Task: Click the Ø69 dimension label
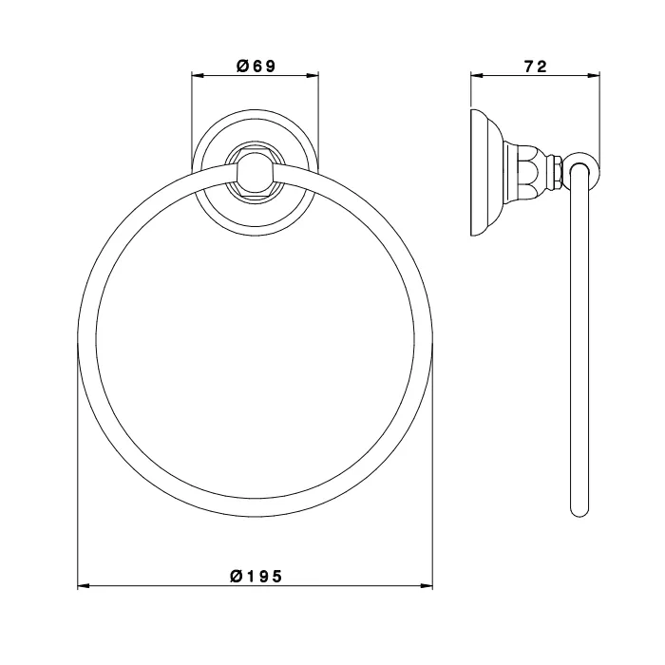[256, 66]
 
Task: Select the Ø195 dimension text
[256, 576]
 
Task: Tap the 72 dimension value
[536, 66]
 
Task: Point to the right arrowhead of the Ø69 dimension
[313, 76]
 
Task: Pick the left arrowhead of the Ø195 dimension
[84, 586]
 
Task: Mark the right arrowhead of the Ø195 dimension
[427, 586]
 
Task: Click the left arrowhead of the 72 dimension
[477, 76]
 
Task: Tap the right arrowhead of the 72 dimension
[594, 76]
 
